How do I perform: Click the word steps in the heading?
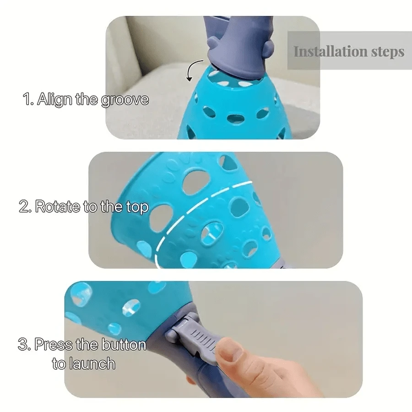(388, 52)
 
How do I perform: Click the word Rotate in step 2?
(58, 206)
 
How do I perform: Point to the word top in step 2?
(137, 207)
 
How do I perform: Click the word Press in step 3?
(54, 344)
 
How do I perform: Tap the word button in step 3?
(124, 344)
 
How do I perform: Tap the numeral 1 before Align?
(27, 100)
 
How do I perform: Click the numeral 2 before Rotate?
(24, 206)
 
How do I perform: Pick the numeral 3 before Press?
(23, 344)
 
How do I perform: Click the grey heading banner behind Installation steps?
(349, 50)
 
